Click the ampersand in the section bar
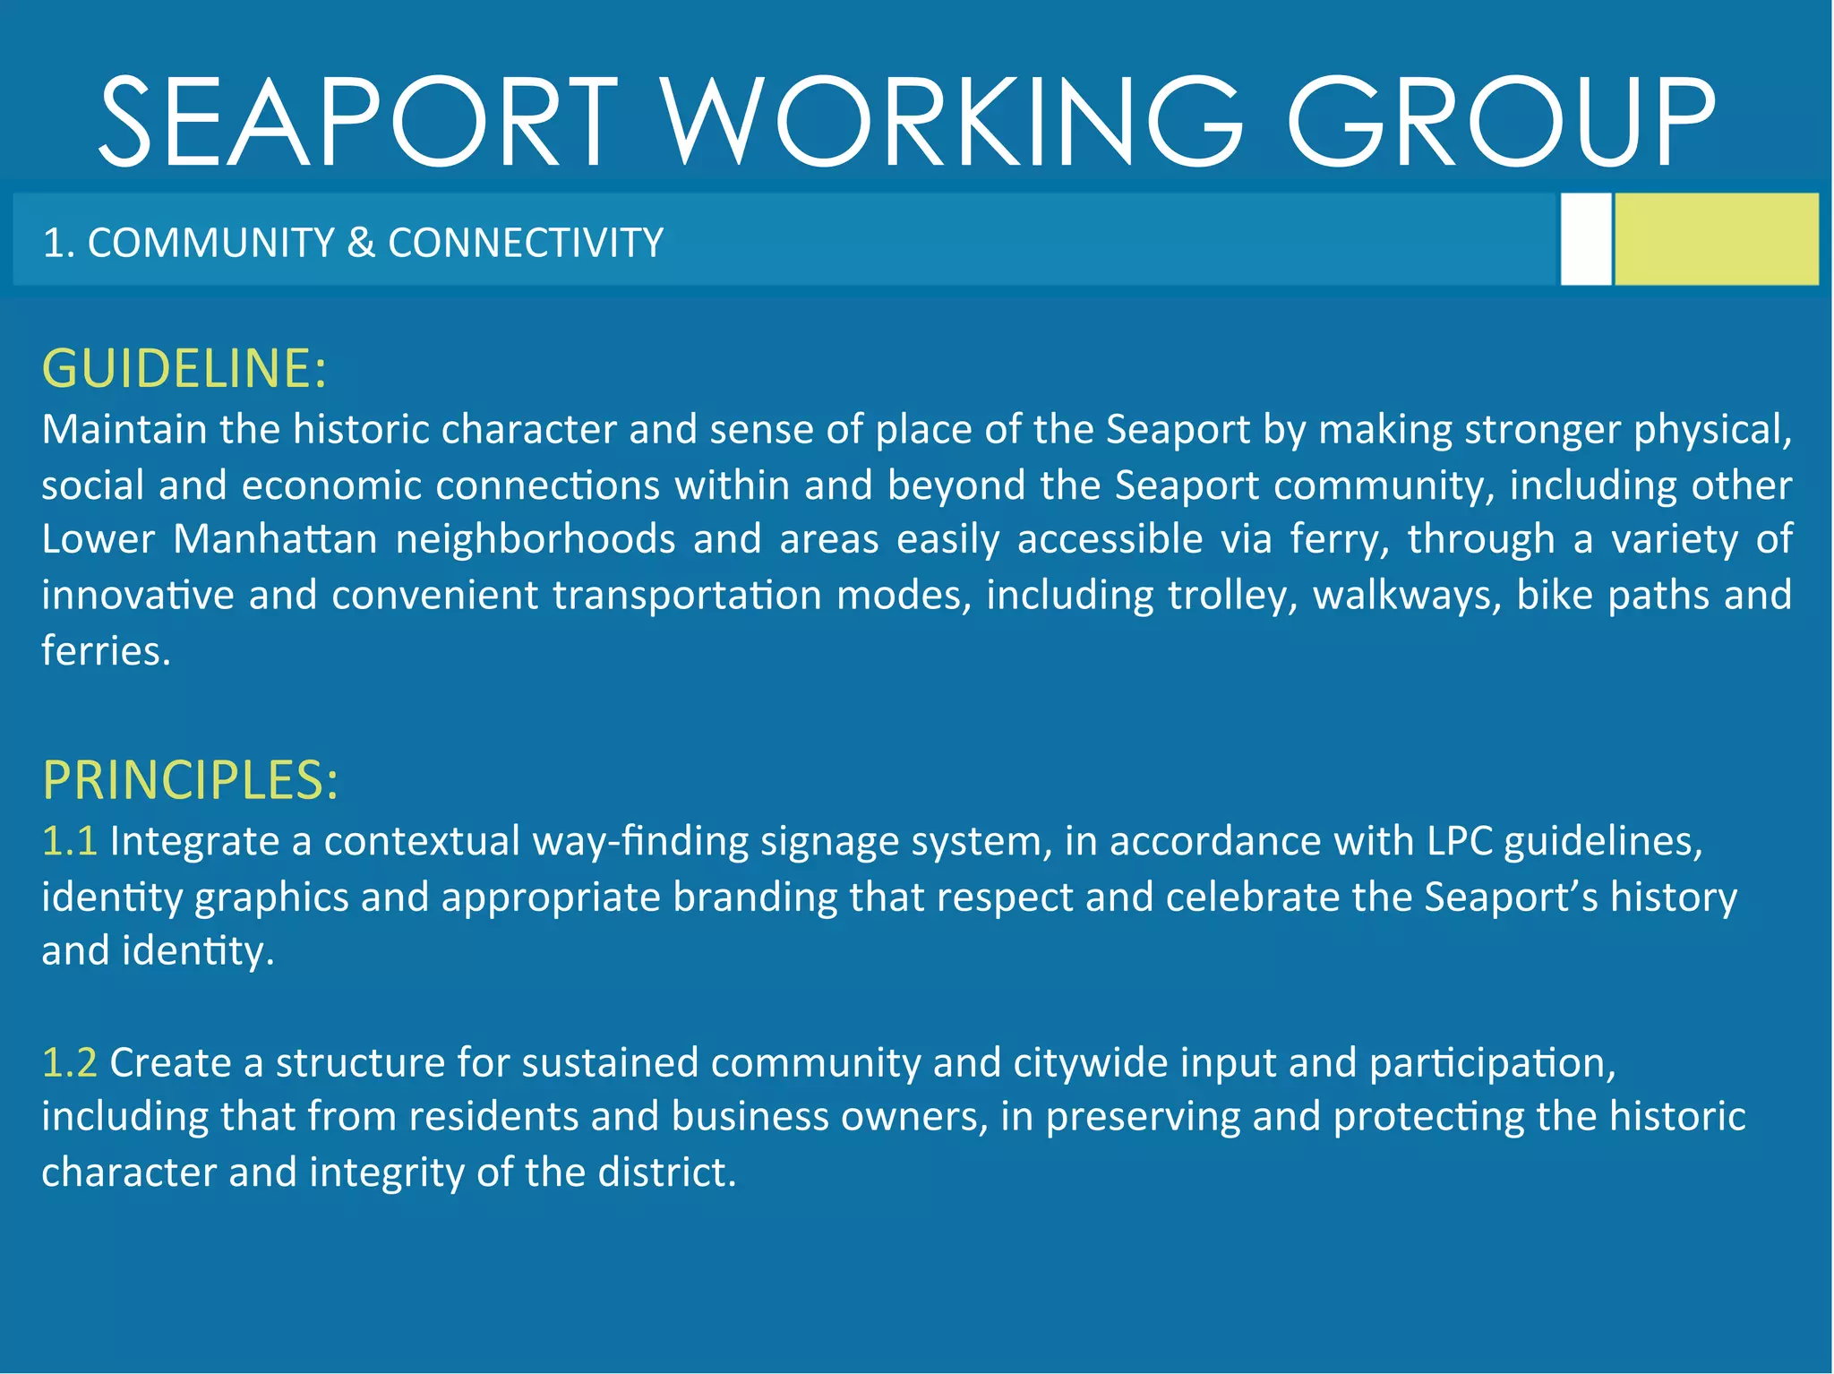coord(361,243)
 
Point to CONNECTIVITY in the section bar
coord(526,243)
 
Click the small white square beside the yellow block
coord(1585,239)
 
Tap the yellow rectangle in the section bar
coord(1716,239)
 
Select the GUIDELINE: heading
coord(184,368)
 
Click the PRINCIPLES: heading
coord(191,780)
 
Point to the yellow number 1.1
coord(69,842)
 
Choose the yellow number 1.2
coord(69,1063)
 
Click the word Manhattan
coord(275,539)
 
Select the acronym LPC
coord(1459,842)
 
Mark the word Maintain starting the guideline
coord(124,430)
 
